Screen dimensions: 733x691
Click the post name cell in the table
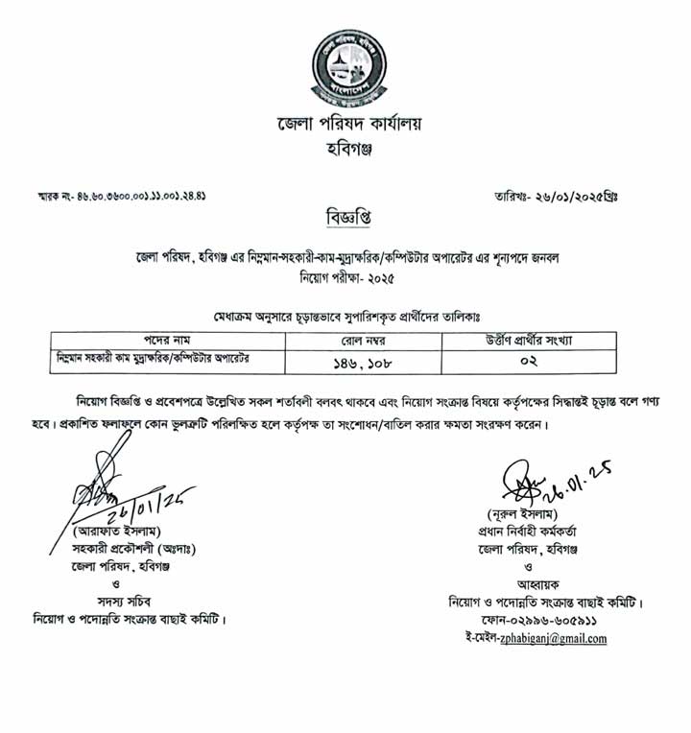coord(164,359)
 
